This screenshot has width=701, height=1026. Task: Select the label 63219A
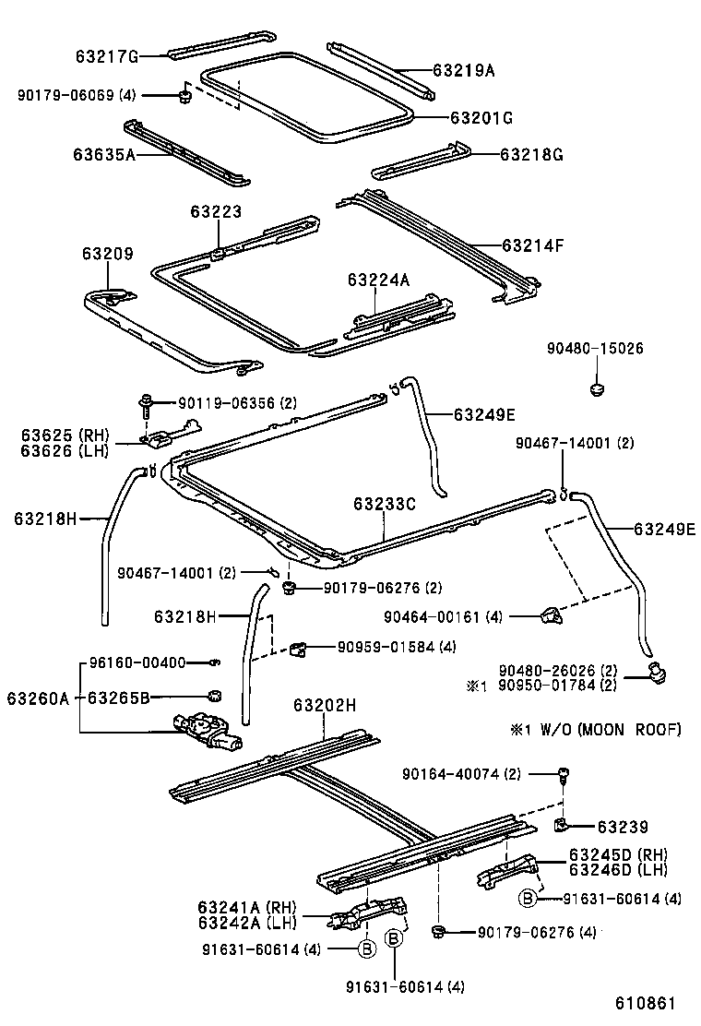[x=464, y=69]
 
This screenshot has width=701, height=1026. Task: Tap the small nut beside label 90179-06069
[x=184, y=94]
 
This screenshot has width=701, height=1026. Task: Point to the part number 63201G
[x=481, y=118]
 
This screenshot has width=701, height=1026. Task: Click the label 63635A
[x=104, y=155]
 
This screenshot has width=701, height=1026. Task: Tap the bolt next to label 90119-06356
[x=147, y=403]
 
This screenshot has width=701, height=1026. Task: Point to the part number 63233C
[x=384, y=505]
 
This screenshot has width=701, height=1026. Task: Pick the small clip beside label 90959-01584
[x=297, y=648]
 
